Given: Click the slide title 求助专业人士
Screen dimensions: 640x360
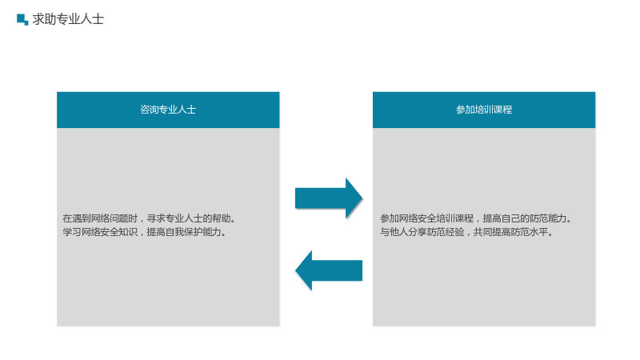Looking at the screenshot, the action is pyautogui.click(x=68, y=19).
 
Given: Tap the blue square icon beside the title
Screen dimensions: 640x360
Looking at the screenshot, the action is pyautogui.click(x=22, y=19).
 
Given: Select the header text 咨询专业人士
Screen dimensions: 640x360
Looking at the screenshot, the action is pyautogui.click(x=168, y=110).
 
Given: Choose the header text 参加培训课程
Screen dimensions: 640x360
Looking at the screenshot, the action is pyautogui.click(x=484, y=110).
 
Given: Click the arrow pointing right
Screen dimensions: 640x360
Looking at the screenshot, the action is pyautogui.click(x=329, y=198).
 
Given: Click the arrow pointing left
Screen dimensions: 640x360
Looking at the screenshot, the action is pyautogui.click(x=329, y=270).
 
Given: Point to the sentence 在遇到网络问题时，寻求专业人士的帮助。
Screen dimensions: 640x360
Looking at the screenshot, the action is pyautogui.click(x=149, y=218).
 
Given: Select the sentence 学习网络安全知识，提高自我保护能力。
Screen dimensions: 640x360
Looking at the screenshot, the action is pyautogui.click(x=144, y=232).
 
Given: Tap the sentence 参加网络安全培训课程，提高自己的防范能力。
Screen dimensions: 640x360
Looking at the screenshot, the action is pyautogui.click(x=475, y=218).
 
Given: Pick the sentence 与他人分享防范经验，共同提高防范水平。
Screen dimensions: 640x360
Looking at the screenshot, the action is pyautogui.click(x=466, y=232).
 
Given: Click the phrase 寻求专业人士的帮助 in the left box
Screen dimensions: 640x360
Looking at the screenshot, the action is pyautogui.click(x=189, y=218).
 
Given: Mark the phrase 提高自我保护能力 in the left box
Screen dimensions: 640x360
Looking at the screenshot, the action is pyautogui.click(x=184, y=232).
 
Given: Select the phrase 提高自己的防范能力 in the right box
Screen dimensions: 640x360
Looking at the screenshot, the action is pyautogui.click(x=525, y=218).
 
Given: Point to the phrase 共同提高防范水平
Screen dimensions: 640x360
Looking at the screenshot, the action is pyautogui.click(x=510, y=232).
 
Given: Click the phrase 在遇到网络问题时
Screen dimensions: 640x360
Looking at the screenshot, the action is pyautogui.click(x=100, y=218).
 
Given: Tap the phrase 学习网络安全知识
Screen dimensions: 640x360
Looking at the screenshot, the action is pyautogui.click(x=100, y=232).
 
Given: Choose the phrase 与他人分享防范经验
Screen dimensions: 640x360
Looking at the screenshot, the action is pyautogui.click(x=422, y=232).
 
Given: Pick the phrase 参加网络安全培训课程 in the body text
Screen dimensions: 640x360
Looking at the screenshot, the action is pyautogui.click(x=427, y=218).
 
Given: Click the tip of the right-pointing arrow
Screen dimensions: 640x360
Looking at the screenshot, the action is pyautogui.click(x=362, y=198).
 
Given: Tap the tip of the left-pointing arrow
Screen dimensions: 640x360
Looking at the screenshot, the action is pyautogui.click(x=295, y=270).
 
